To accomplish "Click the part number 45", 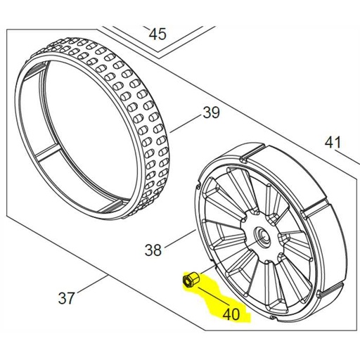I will point(157,34).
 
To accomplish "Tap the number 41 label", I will point(333,143).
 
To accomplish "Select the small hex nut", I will point(189,281).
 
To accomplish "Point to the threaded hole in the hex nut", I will point(187,282).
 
